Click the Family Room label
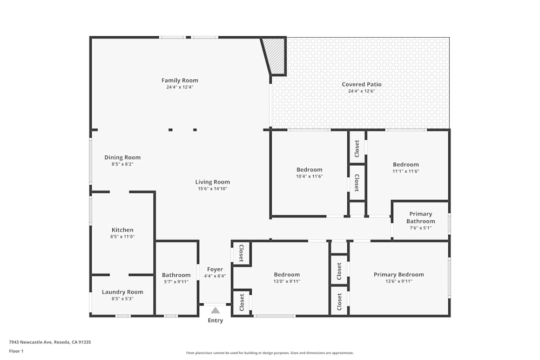[x=180, y=80]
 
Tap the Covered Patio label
[x=361, y=84]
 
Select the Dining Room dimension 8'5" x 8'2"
[x=122, y=164]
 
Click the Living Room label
[x=212, y=182]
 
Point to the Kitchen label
[x=122, y=230]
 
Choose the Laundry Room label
[x=122, y=292]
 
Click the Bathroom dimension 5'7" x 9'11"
[x=176, y=281]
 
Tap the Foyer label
[x=215, y=269]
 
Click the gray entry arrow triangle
[x=215, y=310]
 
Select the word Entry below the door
[x=215, y=321]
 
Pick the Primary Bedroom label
[x=399, y=274]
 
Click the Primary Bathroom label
[x=420, y=218]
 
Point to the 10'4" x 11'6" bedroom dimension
[x=309, y=176]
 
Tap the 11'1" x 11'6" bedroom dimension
[x=406, y=171]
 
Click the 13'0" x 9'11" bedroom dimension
[x=286, y=281]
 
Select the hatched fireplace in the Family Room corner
[x=276, y=55]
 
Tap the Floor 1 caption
[x=16, y=351]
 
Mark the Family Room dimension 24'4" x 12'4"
[x=180, y=87]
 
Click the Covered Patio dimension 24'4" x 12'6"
[x=361, y=91]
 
